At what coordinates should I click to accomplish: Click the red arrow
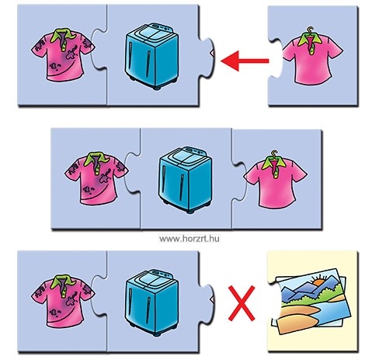245,61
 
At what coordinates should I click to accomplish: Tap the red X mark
242,303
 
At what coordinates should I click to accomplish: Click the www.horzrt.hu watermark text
189,239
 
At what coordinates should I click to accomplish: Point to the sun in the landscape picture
319,281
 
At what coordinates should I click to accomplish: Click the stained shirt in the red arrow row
63,54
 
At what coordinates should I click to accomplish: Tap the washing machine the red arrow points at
151,56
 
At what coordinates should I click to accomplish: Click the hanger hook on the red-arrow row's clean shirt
310,30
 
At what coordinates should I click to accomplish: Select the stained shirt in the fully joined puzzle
96,178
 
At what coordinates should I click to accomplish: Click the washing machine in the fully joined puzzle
185,180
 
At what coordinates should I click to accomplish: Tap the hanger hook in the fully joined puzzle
274,153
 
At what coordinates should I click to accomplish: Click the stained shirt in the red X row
63,301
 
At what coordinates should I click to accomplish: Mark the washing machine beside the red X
151,302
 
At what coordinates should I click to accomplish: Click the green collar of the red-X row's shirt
63,282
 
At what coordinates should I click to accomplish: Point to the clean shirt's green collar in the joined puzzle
274,163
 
